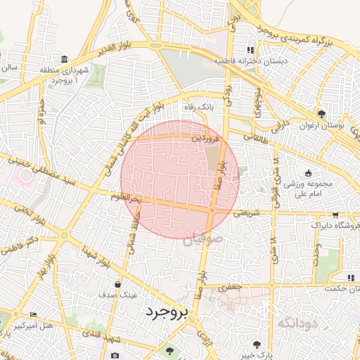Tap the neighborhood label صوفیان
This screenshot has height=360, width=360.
click(x=207, y=240)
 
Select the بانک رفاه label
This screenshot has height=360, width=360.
click(x=198, y=108)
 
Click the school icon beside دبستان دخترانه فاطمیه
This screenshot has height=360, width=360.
click(x=250, y=50)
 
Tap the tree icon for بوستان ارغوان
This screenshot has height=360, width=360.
click(x=321, y=114)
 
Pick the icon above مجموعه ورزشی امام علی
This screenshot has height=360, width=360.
click(x=308, y=173)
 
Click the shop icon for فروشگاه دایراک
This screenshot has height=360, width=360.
click(x=335, y=215)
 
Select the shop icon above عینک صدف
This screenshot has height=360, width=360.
click(x=117, y=284)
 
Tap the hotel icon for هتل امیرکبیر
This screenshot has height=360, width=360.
click(x=33, y=314)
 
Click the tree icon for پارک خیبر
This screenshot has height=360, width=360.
click(x=256, y=345)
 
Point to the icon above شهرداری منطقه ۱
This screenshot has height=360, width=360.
click(x=65, y=58)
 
